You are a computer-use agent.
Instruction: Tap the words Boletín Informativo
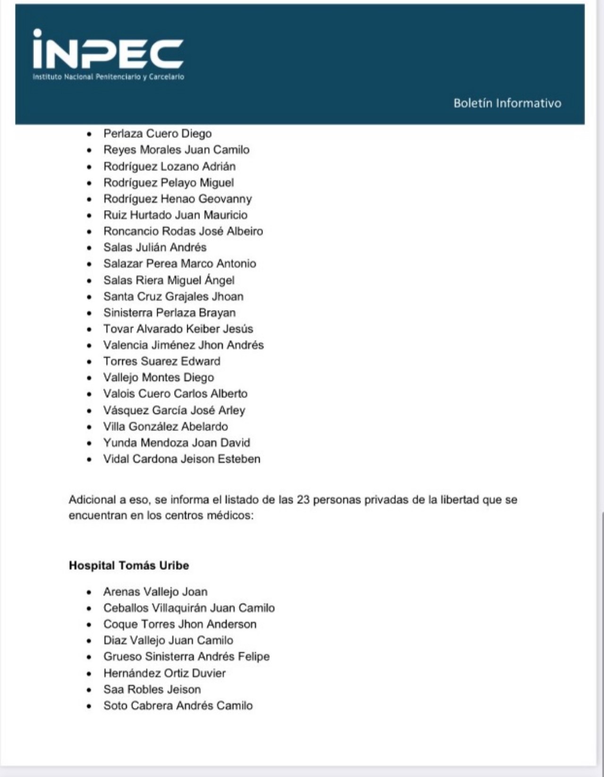tap(507, 103)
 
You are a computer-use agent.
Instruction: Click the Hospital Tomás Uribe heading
tap(129, 565)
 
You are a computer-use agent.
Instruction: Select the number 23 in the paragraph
tap(303, 499)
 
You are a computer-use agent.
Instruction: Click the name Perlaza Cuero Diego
tap(158, 134)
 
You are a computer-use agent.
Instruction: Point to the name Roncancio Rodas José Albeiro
tap(183, 231)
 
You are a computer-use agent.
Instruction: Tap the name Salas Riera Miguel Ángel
tap(169, 280)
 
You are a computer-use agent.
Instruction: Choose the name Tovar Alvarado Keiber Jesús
tap(178, 329)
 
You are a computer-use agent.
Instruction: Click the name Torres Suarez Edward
tap(162, 361)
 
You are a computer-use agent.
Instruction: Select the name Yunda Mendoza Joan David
tap(176, 443)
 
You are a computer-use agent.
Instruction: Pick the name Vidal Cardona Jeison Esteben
tap(182, 459)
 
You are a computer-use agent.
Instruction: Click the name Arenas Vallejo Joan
tap(155, 591)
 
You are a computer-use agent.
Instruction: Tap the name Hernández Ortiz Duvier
tap(164, 673)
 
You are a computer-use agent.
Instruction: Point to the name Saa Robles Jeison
tap(152, 689)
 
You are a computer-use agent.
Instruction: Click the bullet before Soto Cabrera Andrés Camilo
tap(89, 706)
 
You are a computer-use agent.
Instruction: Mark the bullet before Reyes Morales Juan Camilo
tap(89, 151)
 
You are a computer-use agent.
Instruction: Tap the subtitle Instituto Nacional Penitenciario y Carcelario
tap(108, 76)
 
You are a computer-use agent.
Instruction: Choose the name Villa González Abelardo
tap(166, 426)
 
